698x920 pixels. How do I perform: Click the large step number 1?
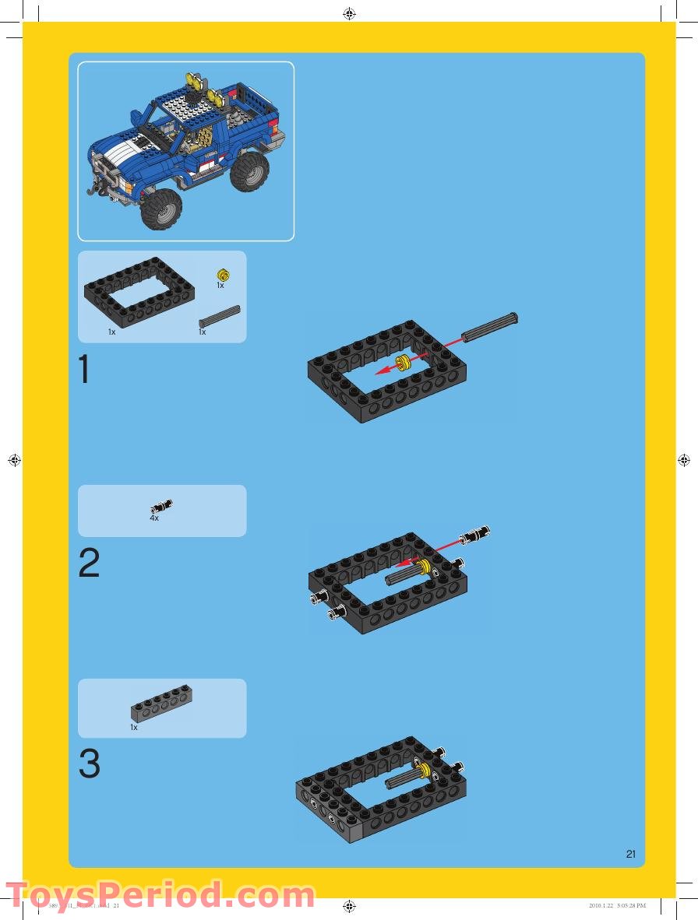coord(84,370)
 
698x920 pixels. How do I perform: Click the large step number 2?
coord(89,564)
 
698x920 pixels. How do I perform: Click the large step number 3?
coord(89,764)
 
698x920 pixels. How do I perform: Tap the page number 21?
coord(630,854)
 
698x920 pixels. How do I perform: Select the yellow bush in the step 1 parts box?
coord(222,274)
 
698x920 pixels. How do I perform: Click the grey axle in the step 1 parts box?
coord(220,316)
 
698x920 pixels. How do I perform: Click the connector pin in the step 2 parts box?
coord(162,507)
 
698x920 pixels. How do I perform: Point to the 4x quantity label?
coord(154,518)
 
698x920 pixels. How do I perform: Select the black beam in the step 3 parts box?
coord(161,704)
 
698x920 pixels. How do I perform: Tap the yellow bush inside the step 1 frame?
coord(404,361)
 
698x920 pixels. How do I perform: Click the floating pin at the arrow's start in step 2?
coord(475,535)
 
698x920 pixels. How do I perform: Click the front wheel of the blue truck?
coord(162,208)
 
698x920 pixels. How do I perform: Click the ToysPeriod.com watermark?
coord(160,894)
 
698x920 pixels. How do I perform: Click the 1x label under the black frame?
coord(111,332)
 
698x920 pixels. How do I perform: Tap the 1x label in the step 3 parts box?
coord(134,728)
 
